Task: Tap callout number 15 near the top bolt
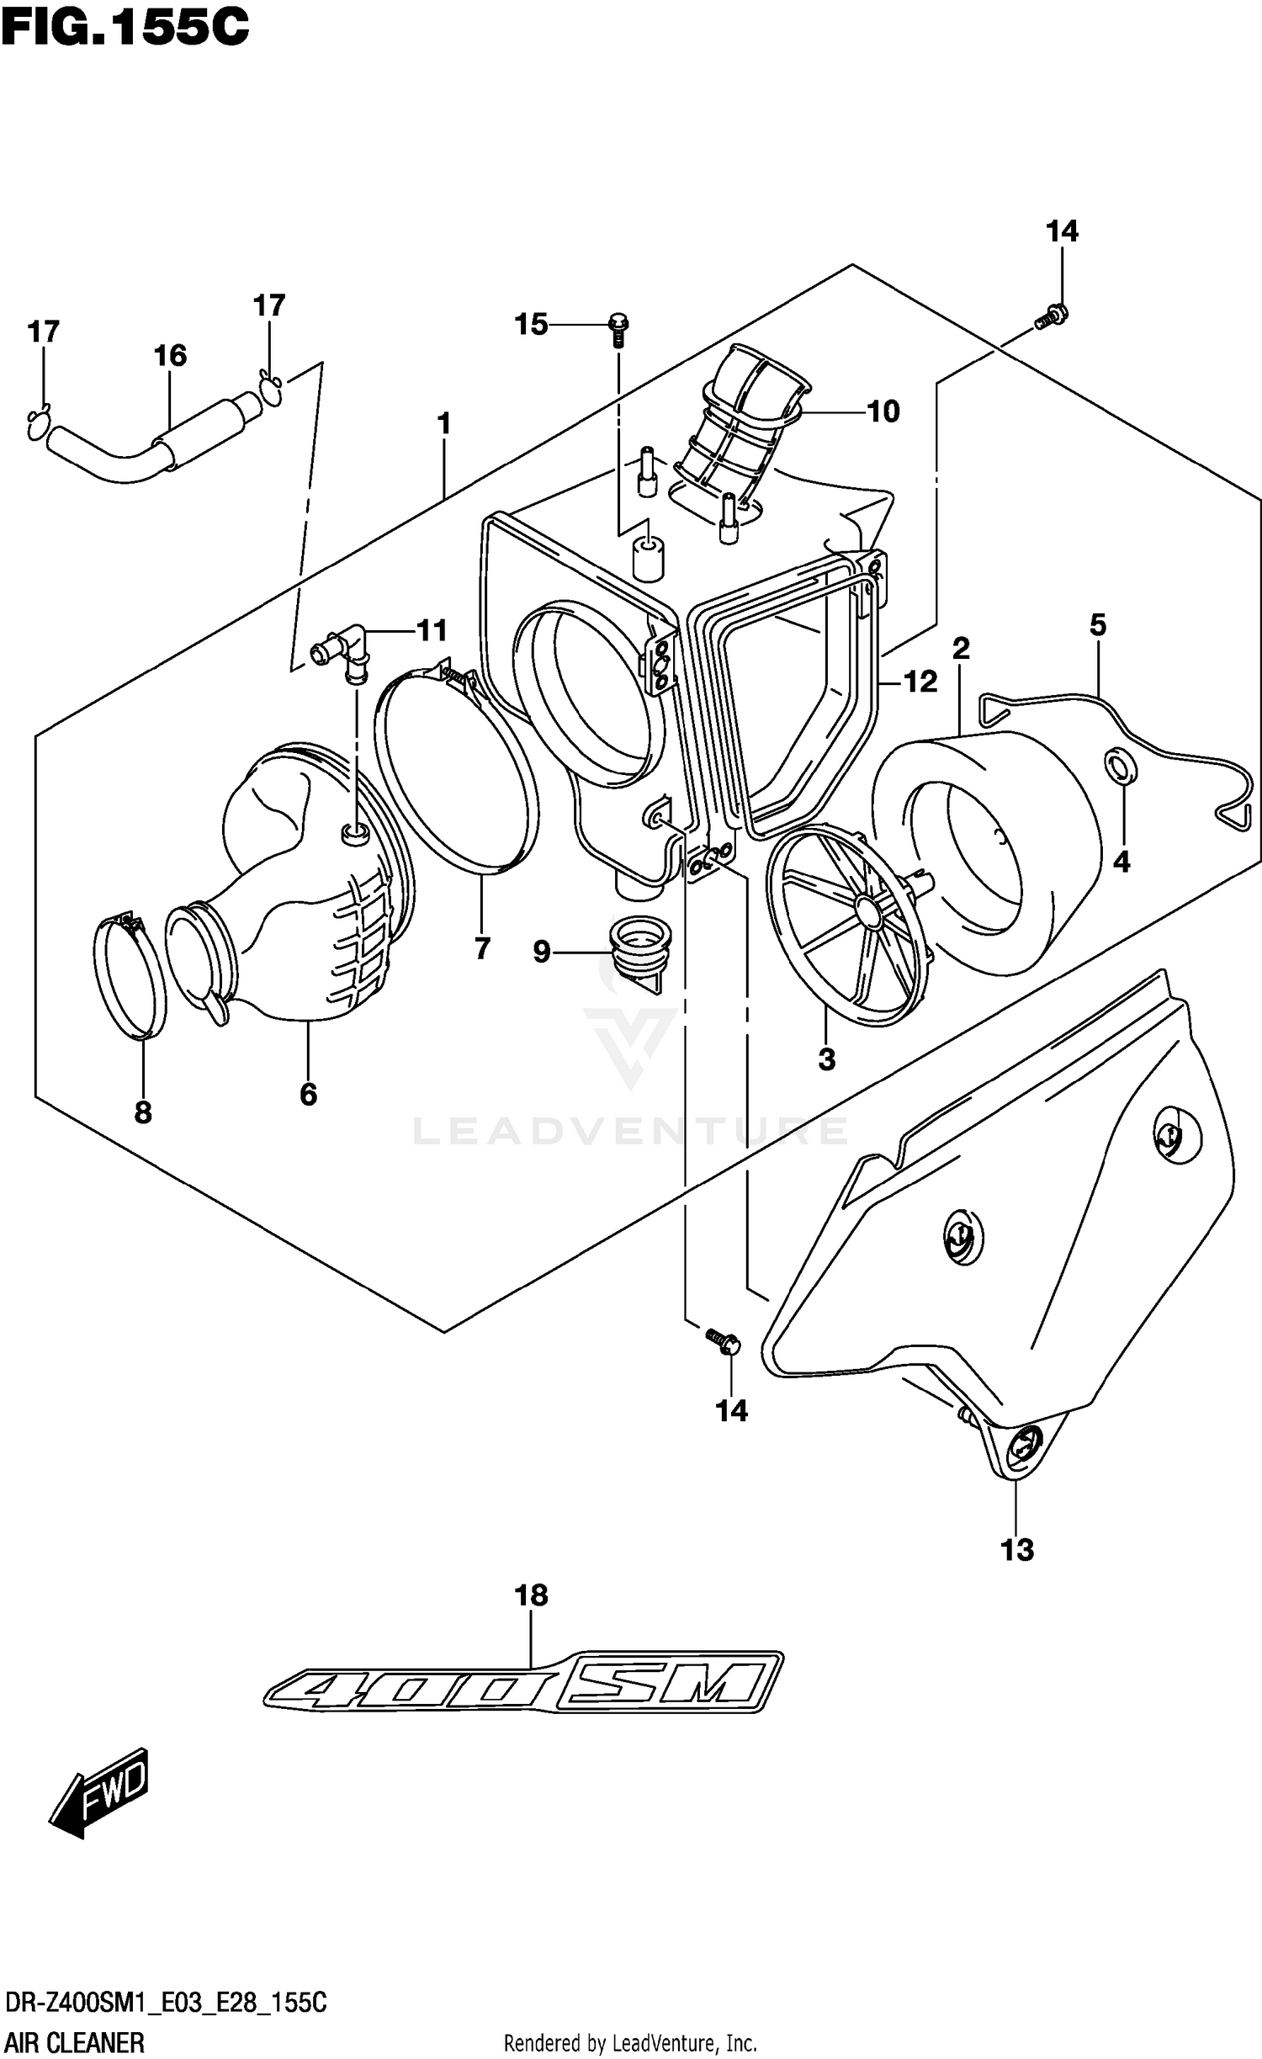click(531, 324)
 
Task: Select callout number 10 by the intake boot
click(883, 411)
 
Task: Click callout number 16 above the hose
click(170, 356)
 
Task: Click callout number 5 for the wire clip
click(1097, 625)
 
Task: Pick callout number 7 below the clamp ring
click(482, 948)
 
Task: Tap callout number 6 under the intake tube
click(308, 1094)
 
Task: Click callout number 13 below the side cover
click(1017, 1549)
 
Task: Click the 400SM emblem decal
click(522, 1685)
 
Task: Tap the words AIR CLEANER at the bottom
click(75, 2041)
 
